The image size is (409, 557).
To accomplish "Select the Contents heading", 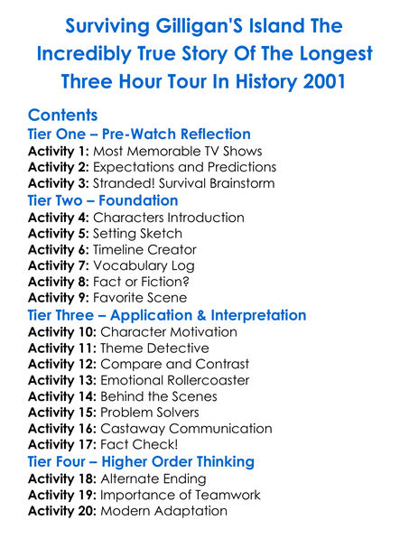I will (63, 116).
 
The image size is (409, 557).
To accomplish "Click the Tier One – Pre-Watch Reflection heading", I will (139, 135).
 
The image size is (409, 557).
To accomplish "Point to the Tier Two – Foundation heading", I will (103, 200).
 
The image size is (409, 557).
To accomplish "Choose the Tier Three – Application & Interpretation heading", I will (167, 315).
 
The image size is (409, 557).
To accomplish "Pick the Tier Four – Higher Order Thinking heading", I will (141, 461).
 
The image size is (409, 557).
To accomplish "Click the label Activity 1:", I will (59, 151).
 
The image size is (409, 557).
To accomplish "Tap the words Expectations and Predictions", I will (184, 167).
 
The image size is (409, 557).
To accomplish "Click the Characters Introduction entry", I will (168, 218).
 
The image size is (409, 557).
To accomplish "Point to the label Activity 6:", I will (59, 250).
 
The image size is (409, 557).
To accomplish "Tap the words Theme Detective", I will (154, 348).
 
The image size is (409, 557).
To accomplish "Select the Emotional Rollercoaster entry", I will (176, 380).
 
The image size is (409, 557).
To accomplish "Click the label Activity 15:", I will (62, 413).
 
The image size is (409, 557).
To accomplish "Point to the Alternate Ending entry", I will (153, 478).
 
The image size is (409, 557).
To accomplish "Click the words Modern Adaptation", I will (163, 511).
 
